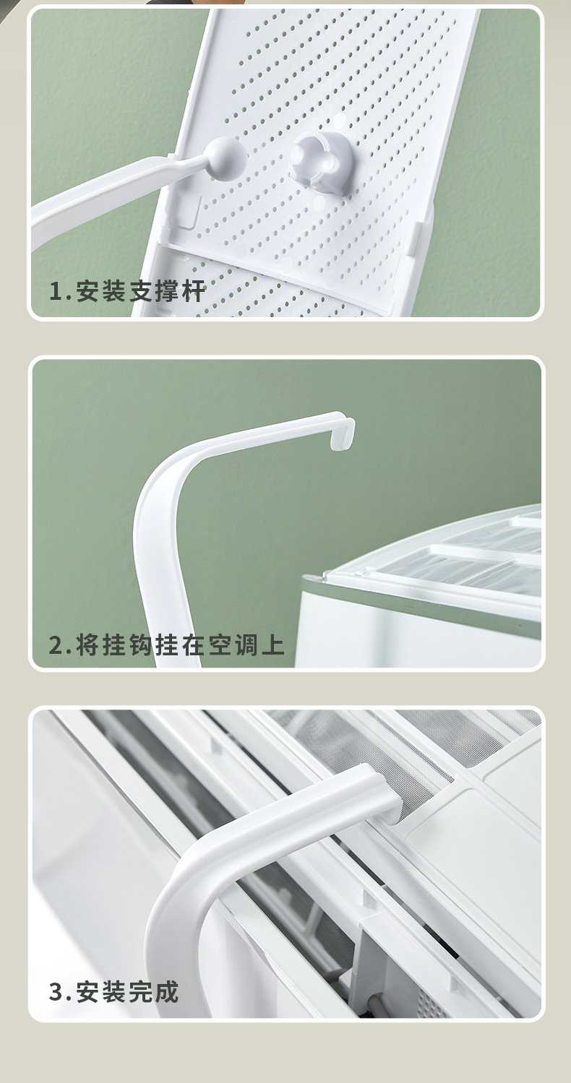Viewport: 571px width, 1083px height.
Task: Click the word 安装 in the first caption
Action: (x=101, y=293)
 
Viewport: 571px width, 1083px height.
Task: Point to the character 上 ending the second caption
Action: (x=272, y=644)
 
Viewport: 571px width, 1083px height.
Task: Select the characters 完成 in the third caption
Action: (x=154, y=992)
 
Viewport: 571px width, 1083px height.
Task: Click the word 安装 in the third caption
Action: (x=101, y=992)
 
